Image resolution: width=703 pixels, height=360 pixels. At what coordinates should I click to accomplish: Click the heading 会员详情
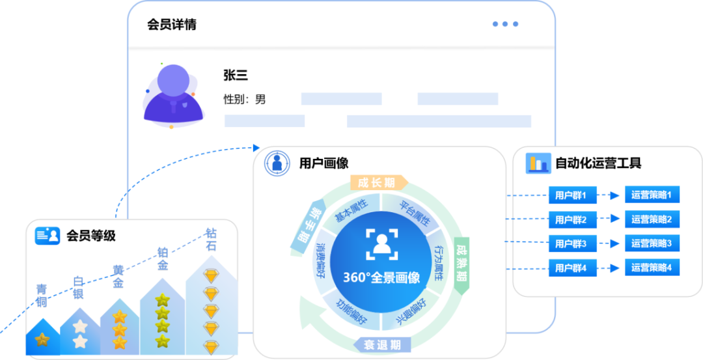point(172,25)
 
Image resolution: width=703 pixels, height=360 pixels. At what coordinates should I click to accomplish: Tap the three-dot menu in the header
point(505,24)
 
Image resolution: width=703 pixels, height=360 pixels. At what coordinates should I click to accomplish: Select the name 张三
point(236,76)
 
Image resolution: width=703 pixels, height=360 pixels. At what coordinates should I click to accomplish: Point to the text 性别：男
point(244,100)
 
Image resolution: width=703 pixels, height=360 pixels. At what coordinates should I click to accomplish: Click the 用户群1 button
point(572,195)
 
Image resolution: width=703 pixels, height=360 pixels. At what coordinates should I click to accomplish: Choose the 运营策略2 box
point(652,219)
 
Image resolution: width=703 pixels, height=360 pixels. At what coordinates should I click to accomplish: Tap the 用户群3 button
point(572,244)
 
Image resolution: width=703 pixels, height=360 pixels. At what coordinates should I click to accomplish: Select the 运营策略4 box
point(652,267)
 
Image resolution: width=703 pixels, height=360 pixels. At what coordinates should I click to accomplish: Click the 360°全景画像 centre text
point(381,277)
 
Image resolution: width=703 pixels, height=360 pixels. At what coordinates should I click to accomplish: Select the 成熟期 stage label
point(461,265)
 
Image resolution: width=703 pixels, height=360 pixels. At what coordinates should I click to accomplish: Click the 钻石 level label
point(211,240)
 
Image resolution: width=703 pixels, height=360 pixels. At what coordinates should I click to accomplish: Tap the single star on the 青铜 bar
point(42,339)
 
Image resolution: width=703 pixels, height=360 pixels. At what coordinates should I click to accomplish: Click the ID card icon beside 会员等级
point(48,235)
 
